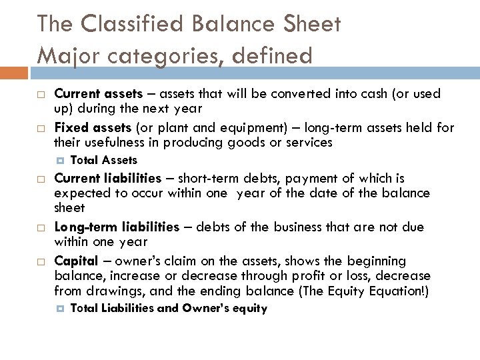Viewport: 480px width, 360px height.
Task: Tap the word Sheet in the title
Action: click(x=310, y=25)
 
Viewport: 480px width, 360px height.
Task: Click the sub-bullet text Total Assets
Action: click(x=103, y=160)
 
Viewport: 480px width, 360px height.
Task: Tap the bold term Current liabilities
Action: click(x=107, y=179)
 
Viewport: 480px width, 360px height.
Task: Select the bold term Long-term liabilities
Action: click(x=116, y=227)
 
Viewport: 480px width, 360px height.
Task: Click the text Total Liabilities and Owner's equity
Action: click(x=168, y=308)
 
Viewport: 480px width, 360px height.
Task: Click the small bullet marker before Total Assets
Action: click(x=60, y=160)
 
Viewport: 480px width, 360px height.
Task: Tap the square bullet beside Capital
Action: click(x=40, y=261)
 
